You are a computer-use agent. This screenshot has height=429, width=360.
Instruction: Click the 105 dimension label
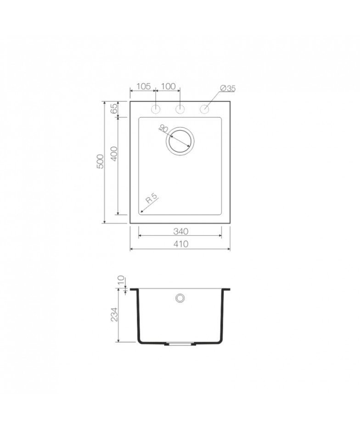(143, 86)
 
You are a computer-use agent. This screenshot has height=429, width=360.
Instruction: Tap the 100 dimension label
(168, 86)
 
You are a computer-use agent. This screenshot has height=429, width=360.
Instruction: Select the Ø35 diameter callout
(228, 88)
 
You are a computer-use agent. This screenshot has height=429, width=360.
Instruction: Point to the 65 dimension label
(114, 109)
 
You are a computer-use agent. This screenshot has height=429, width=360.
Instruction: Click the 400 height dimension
(114, 154)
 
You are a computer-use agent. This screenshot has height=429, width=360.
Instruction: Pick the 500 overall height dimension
(101, 162)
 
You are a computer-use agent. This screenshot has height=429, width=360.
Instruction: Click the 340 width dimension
(180, 231)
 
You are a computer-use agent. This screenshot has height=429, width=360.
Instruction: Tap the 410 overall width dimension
(180, 244)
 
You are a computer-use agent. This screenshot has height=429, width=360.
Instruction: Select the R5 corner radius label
(152, 198)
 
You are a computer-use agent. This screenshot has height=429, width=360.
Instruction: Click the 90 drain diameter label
(163, 128)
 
